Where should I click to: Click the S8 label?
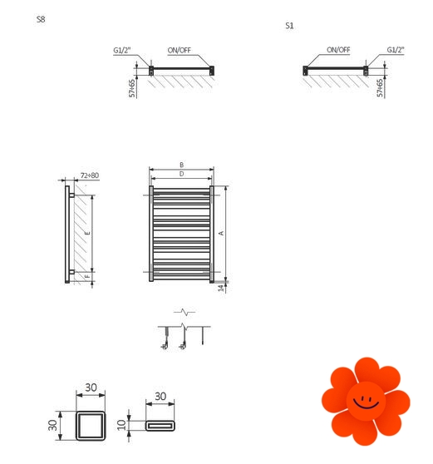(41, 19)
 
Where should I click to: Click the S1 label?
(289, 26)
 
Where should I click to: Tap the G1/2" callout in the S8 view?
(122, 50)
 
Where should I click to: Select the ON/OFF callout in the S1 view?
(338, 50)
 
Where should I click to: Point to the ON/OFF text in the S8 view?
(180, 50)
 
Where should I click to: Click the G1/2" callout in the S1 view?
(396, 49)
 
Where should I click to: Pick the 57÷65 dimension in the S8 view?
(132, 88)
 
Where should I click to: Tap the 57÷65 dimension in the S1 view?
(380, 88)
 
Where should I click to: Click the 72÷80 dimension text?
(90, 175)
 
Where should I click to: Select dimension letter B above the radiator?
(182, 165)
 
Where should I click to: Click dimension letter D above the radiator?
(182, 174)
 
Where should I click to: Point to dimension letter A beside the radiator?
(221, 233)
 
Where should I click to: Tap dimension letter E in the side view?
(87, 233)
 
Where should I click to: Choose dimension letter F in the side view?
(87, 276)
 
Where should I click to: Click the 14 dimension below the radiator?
(221, 288)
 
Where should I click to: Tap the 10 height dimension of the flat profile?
(121, 425)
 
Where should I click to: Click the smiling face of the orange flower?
(367, 401)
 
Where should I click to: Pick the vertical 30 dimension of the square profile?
(52, 425)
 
